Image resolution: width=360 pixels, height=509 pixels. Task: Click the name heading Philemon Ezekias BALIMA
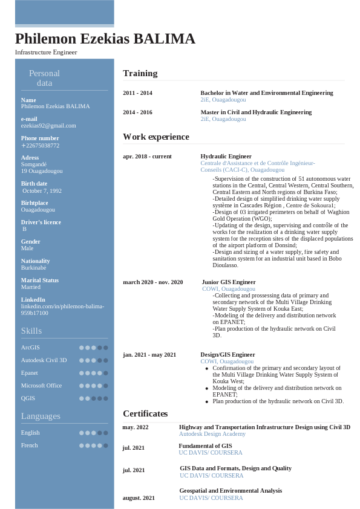pyautogui.click(x=105, y=39)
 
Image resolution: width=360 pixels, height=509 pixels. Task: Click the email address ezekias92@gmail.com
pyautogui.click(x=48, y=126)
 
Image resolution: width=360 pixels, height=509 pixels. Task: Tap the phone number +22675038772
pyautogui.click(x=41, y=145)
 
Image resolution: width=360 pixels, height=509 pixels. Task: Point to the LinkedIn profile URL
pyautogui.click(x=62, y=310)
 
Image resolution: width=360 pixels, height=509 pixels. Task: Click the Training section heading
pyautogui.click(x=140, y=73)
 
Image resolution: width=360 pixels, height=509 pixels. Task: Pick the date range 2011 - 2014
pyautogui.click(x=137, y=93)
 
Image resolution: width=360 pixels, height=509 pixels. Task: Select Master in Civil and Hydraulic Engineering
pyautogui.click(x=256, y=112)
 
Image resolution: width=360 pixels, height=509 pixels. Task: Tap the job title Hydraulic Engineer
pyautogui.click(x=226, y=156)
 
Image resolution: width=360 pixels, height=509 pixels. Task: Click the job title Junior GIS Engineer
pyautogui.click(x=229, y=282)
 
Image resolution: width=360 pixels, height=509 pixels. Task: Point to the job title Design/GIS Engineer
pyautogui.click(x=227, y=354)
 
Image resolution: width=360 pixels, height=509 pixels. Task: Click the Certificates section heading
pyautogui.click(x=145, y=413)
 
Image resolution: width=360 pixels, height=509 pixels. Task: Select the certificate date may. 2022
pyautogui.click(x=135, y=427)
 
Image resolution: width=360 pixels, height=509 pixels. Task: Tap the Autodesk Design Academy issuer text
pyautogui.click(x=212, y=434)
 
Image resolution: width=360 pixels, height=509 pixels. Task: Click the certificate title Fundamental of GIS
pyautogui.click(x=205, y=446)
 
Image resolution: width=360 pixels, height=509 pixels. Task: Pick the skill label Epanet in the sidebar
pyautogui.click(x=29, y=373)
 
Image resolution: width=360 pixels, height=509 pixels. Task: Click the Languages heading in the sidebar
pyautogui.click(x=41, y=416)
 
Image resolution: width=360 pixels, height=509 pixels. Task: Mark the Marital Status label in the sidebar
pyautogui.click(x=39, y=280)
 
